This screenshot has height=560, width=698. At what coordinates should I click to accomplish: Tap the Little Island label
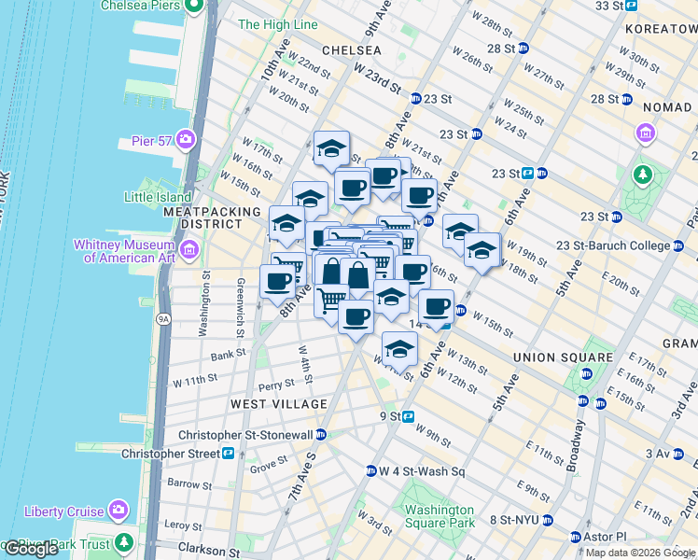159,197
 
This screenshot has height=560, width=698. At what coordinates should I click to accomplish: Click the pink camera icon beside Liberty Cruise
119,510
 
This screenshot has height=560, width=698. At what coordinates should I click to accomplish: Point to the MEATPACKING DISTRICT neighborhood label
212,218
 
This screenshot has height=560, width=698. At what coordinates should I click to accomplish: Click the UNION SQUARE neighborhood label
563,357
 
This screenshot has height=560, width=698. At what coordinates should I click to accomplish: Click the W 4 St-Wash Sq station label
422,471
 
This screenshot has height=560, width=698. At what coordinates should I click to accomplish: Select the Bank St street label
229,355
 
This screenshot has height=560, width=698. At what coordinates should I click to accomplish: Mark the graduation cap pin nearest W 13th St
399,348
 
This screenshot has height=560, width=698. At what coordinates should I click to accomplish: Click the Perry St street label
276,385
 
